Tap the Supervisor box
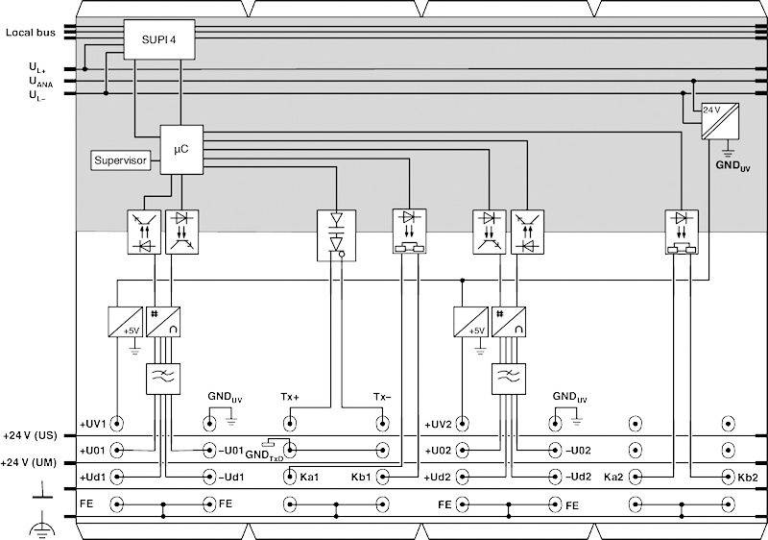(x=122, y=160)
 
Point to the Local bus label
(x=30, y=33)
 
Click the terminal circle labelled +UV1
(x=117, y=423)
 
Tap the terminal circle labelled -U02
(x=554, y=450)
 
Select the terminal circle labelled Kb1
(x=383, y=477)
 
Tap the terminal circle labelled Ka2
(x=635, y=477)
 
